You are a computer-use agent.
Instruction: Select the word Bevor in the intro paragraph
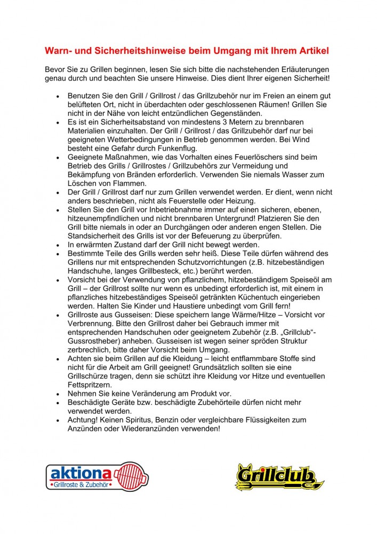pos(55,70)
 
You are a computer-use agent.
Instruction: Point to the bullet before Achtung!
pos(58,420)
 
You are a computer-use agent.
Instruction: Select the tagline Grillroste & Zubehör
pos(79,485)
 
